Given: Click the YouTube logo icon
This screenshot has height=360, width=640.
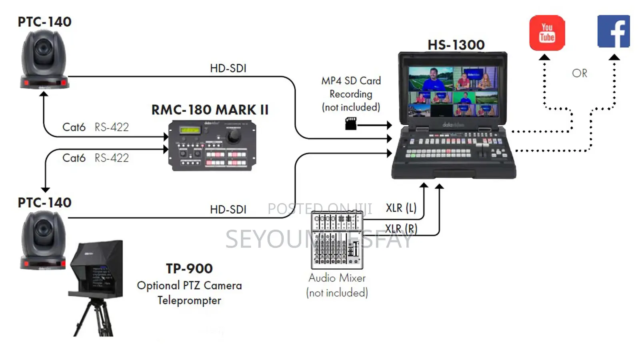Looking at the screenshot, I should (x=547, y=33).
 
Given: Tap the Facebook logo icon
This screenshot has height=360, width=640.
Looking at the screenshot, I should (x=613, y=32).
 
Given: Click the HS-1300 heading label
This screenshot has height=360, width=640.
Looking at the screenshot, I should (x=456, y=45).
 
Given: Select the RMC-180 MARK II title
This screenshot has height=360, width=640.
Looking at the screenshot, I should (x=210, y=110).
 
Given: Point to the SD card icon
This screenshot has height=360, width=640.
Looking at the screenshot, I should (x=351, y=124).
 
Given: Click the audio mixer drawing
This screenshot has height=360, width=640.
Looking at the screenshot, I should (x=337, y=240).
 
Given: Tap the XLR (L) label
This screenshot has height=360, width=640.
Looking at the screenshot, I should (x=401, y=208).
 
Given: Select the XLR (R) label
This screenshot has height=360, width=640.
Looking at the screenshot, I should (x=401, y=229).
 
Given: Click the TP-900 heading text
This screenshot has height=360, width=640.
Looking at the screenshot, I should (x=189, y=268).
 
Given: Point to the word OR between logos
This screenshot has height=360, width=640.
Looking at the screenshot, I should (x=579, y=74).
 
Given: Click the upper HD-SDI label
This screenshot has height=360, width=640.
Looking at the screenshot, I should (x=228, y=68).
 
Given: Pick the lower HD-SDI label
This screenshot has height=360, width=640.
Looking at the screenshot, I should (x=228, y=210).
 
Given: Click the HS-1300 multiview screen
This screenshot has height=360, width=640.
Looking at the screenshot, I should (x=453, y=92).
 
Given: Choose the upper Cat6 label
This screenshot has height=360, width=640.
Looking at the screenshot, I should (x=74, y=127).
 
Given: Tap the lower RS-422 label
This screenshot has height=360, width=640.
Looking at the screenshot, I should (x=112, y=158).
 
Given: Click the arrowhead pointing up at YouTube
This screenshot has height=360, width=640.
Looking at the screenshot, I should (x=544, y=57).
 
